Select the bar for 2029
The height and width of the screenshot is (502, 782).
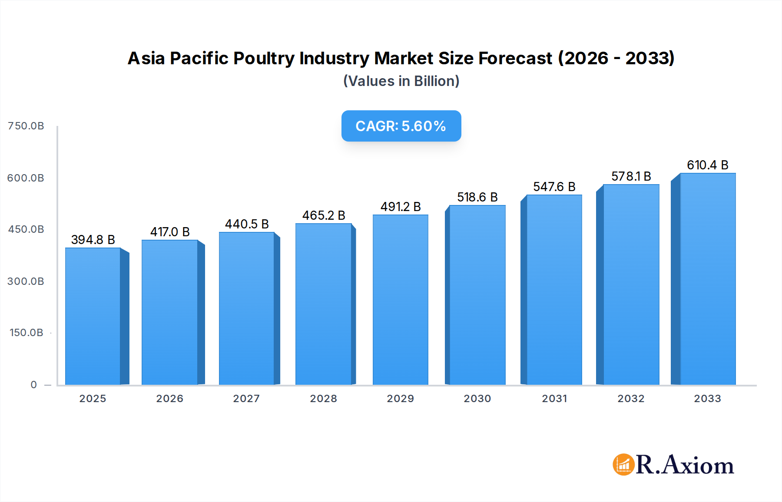coord(400,300)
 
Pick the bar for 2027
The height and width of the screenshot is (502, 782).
coord(246,308)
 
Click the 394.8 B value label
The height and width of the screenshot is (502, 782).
coord(93,240)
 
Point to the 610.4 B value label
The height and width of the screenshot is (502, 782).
coord(707,165)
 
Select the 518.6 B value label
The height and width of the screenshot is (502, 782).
coord(477,197)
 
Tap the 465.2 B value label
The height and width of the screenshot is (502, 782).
coord(324,215)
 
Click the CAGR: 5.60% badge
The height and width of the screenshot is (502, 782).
coord(401,126)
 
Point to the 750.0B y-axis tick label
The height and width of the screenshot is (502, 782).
coord(26,126)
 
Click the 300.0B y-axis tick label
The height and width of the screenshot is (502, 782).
coord(26,281)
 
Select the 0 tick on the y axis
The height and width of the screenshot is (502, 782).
coord(34,385)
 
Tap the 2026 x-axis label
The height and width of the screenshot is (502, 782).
coord(169,399)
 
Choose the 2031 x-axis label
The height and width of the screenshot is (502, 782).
coord(554,399)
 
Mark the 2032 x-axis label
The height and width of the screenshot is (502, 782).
coord(631,399)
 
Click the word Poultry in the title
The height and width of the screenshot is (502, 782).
coord(264,58)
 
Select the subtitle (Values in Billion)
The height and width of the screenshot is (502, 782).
coord(401,81)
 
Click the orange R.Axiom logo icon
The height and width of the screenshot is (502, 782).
coord(623,465)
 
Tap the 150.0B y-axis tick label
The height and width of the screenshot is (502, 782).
coord(26,333)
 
